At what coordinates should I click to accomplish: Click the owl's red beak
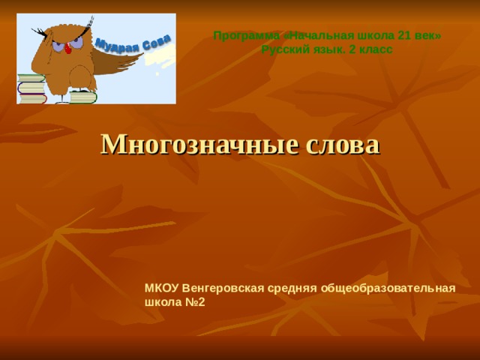[x=68, y=47]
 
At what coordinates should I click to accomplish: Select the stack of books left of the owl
[x=31, y=88]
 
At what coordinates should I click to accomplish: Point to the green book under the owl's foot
[x=82, y=96]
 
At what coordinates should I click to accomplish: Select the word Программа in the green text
[x=241, y=36]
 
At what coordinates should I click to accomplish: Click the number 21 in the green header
[x=403, y=36]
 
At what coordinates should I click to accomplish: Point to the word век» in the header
[x=427, y=36]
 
